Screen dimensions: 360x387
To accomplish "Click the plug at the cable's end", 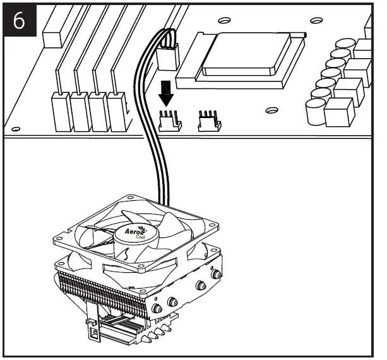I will pos(168,57).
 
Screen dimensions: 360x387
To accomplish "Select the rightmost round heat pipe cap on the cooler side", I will pos(217,273).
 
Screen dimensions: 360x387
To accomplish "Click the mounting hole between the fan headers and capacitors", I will pos(271,111).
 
